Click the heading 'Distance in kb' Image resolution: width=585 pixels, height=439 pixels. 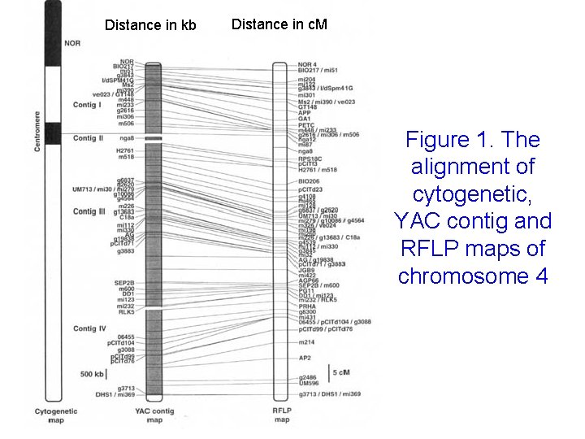coord(150,25)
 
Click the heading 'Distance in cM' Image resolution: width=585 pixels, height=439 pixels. coord(279,24)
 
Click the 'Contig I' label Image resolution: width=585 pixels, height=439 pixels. coord(87,105)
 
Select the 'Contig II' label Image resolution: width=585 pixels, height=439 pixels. coord(89,139)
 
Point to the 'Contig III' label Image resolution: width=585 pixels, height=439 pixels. coord(89,211)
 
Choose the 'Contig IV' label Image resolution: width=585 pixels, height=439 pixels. coord(89,328)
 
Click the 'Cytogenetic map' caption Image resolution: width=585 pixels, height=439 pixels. coord(55,416)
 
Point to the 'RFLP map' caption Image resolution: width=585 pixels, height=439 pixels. coord(282,416)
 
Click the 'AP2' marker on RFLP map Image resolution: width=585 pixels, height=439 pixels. coord(305,358)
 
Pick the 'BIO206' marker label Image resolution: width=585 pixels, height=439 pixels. coord(309,180)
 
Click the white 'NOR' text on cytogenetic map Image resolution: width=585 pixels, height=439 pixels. coord(72,42)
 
